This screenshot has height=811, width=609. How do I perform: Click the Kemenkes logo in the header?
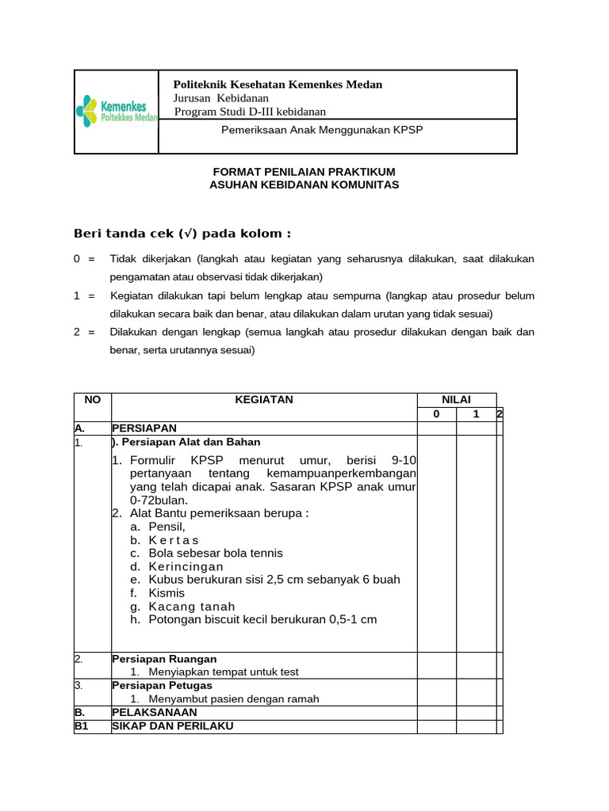117,111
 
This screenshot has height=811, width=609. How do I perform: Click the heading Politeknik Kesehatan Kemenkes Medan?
278,85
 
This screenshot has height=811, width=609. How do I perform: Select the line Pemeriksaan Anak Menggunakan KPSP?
322,130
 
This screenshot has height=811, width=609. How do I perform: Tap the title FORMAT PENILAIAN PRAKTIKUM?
304,172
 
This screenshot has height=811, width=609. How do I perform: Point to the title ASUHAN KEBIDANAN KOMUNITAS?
304,185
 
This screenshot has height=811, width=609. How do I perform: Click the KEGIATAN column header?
264,400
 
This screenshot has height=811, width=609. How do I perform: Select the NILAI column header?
456,400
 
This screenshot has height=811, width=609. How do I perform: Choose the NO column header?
93,400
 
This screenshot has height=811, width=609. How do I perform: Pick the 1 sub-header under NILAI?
475,414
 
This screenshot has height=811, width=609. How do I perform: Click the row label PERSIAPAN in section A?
144,428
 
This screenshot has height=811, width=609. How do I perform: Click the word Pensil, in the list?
167,527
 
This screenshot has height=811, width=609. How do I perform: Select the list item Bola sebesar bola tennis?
216,553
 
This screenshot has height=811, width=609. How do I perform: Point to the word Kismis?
167,593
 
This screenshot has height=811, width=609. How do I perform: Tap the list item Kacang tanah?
192,607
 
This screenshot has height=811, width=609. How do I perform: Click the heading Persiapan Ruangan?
164,659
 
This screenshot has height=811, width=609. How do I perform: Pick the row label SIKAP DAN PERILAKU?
173,725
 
